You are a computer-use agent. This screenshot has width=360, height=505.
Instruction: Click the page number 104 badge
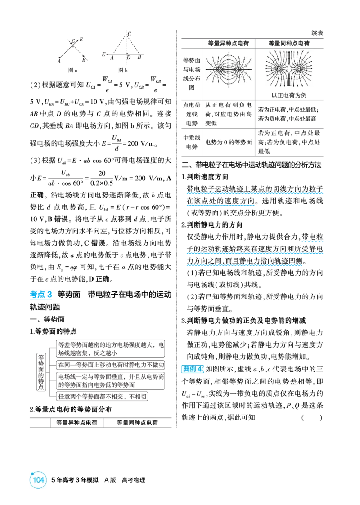click(38, 480)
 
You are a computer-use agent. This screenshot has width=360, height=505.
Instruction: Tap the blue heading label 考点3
click(41, 295)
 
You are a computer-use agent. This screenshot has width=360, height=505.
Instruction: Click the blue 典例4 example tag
click(193, 369)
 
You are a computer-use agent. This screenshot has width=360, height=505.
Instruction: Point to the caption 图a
click(72, 70)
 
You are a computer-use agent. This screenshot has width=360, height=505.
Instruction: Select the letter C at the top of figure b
click(129, 33)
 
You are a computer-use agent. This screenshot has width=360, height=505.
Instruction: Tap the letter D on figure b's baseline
click(129, 58)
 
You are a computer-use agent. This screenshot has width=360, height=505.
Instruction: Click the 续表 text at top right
click(317, 33)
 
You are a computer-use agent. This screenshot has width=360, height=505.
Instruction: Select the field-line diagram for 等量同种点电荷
click(289, 69)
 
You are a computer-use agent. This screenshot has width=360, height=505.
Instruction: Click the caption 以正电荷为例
click(289, 95)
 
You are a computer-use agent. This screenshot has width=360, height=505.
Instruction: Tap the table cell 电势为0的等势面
click(229, 143)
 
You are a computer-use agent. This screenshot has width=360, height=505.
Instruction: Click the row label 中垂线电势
click(192, 142)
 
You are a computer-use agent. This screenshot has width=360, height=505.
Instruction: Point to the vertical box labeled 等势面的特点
click(41, 372)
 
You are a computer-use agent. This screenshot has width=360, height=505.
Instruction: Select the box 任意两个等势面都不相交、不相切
click(102, 397)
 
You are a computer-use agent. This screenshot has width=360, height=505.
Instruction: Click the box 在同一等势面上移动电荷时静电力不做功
click(111, 365)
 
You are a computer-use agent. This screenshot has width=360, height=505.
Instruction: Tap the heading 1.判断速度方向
click(205, 177)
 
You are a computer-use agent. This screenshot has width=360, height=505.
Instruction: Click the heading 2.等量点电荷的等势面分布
click(71, 409)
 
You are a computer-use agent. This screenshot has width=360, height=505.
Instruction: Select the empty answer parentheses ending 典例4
click(312, 418)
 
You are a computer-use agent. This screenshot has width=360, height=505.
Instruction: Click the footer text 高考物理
click(134, 480)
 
